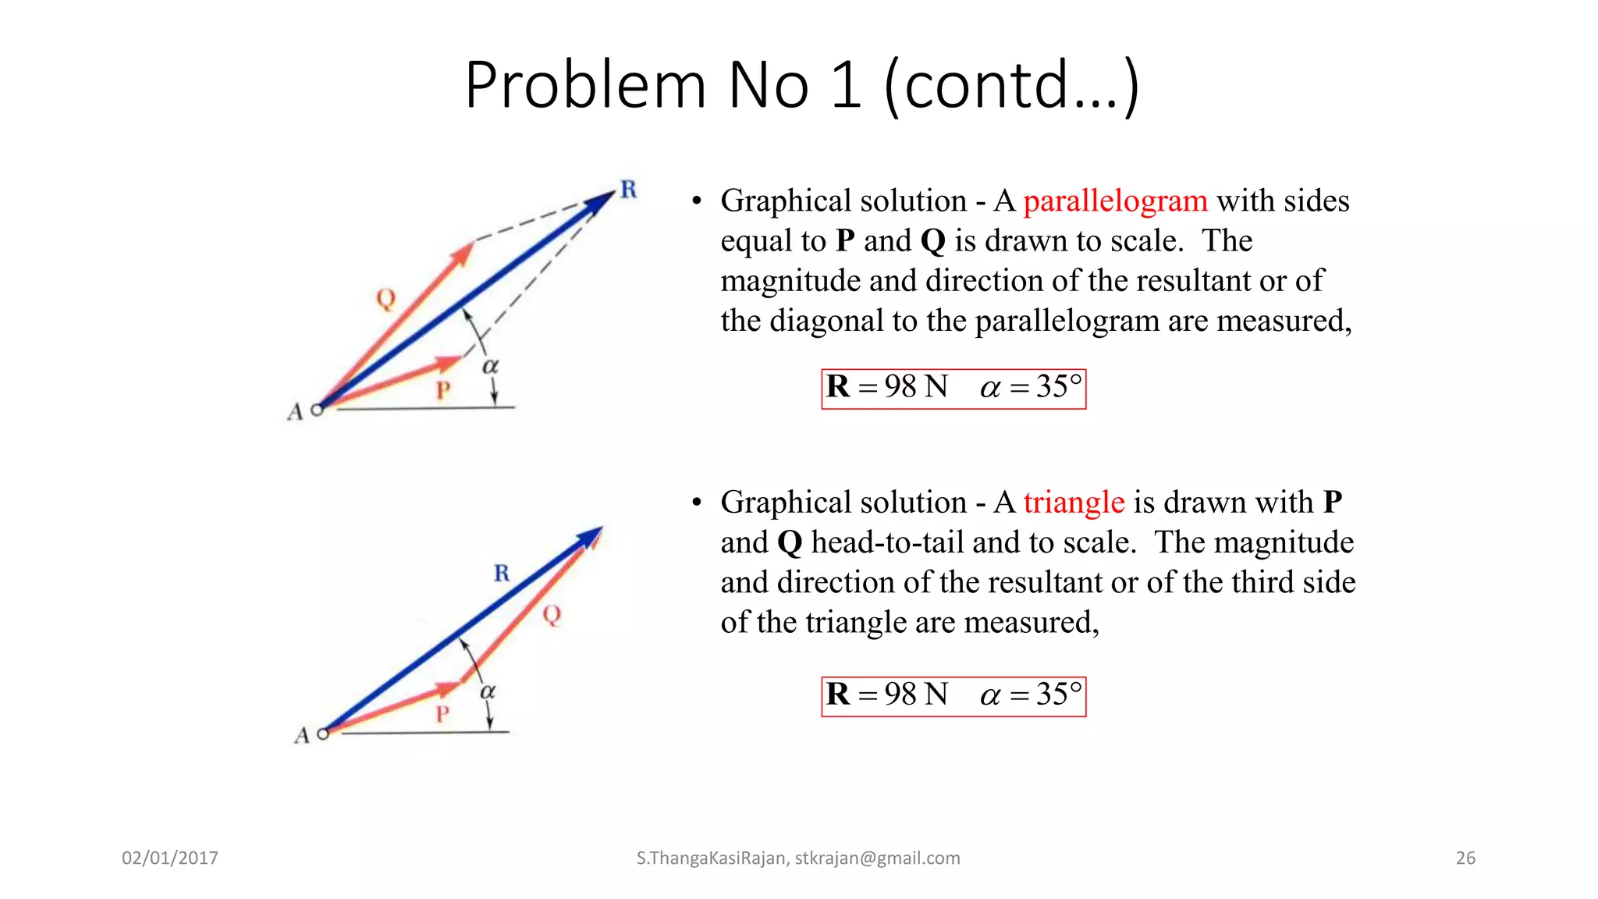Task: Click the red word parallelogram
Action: pyautogui.click(x=1115, y=201)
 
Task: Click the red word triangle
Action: pyautogui.click(x=1074, y=503)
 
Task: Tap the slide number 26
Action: pyautogui.click(x=1465, y=858)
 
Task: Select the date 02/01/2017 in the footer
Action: pyautogui.click(x=170, y=858)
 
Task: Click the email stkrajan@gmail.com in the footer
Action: pyautogui.click(x=877, y=858)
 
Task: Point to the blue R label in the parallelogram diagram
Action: pyautogui.click(x=628, y=189)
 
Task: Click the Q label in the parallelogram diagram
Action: pyautogui.click(x=385, y=298)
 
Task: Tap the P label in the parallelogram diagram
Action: pyautogui.click(x=443, y=389)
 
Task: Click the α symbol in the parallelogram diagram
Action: pyautogui.click(x=490, y=366)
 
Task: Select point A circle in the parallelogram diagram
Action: pyautogui.click(x=317, y=410)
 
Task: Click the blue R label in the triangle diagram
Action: pyautogui.click(x=502, y=574)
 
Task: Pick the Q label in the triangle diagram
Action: pyautogui.click(x=552, y=615)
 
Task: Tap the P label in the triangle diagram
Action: pyautogui.click(x=442, y=714)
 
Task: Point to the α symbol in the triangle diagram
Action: pyautogui.click(x=488, y=691)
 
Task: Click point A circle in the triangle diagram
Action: pyautogui.click(x=323, y=734)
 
